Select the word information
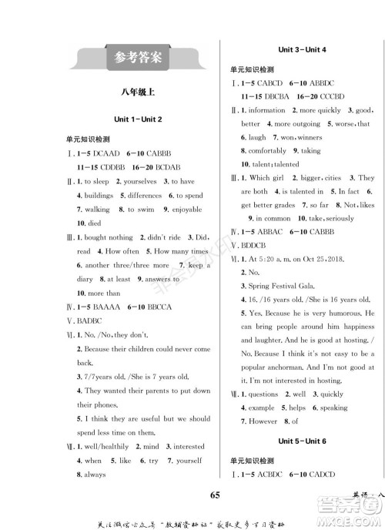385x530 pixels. click(267, 110)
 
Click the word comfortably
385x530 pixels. click(268, 151)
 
